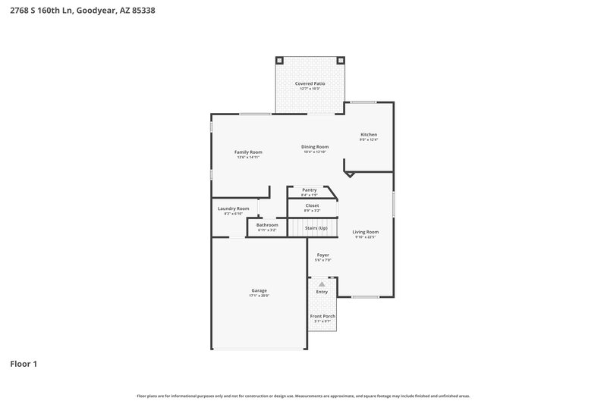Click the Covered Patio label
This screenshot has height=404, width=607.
[310, 83]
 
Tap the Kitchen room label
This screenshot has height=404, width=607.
[369, 135]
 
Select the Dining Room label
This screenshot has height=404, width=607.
[315, 146]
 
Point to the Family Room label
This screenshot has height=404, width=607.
[248, 152]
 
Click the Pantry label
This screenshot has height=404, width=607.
[309, 190]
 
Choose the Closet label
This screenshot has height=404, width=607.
[312, 205]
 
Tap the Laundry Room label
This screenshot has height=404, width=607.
[233, 208]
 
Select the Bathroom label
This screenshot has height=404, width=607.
[267, 225]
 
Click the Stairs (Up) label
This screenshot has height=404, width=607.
[316, 227]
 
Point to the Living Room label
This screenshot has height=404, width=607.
[366, 232]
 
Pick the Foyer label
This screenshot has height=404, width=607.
[322, 255]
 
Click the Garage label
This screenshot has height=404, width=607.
[259, 290]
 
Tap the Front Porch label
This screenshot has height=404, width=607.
[322, 316]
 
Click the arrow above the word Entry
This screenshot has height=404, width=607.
[322, 283]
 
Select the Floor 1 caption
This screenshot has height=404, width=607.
[24, 364]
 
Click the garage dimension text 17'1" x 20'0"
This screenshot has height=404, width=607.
[259, 296]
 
